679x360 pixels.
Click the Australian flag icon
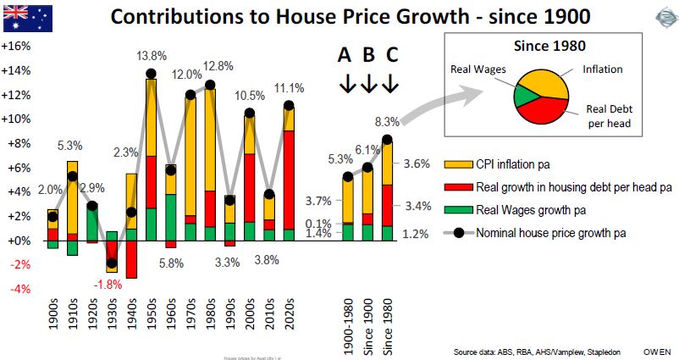25,18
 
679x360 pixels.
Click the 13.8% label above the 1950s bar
152,56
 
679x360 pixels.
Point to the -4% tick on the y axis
18,289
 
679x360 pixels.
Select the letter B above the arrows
368,56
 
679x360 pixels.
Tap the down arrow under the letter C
389,85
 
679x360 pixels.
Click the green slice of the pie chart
525,95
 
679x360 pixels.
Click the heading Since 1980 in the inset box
552,45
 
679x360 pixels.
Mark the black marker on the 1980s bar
211,85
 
